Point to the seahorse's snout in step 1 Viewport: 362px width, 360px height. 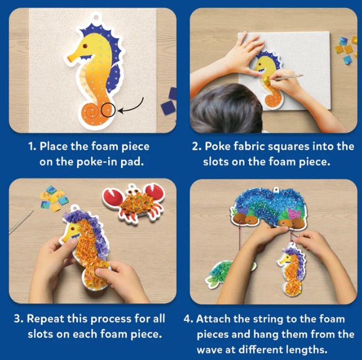tap(71, 58)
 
